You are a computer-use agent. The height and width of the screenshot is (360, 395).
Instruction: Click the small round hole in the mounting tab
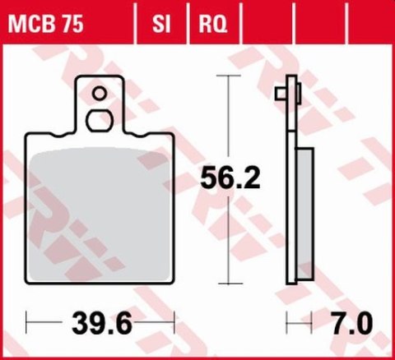tap(100, 93)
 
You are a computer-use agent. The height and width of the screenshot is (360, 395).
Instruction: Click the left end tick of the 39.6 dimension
tap(27, 321)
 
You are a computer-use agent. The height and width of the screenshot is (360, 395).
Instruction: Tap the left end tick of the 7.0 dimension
tap(286, 321)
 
